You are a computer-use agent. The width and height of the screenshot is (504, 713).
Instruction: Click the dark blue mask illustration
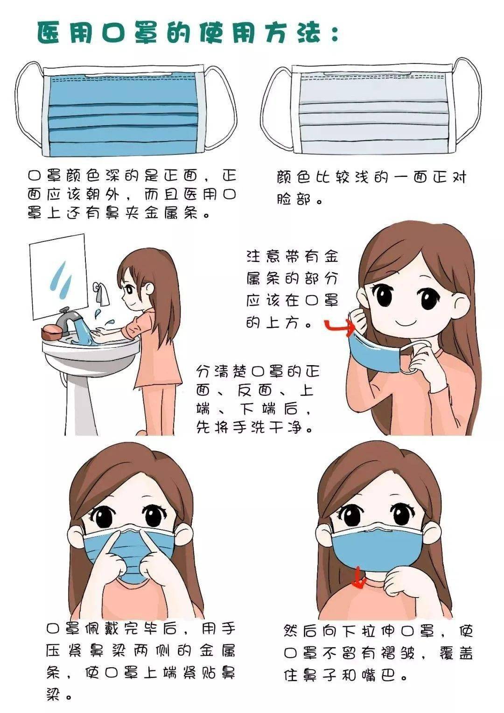[x=124, y=110]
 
